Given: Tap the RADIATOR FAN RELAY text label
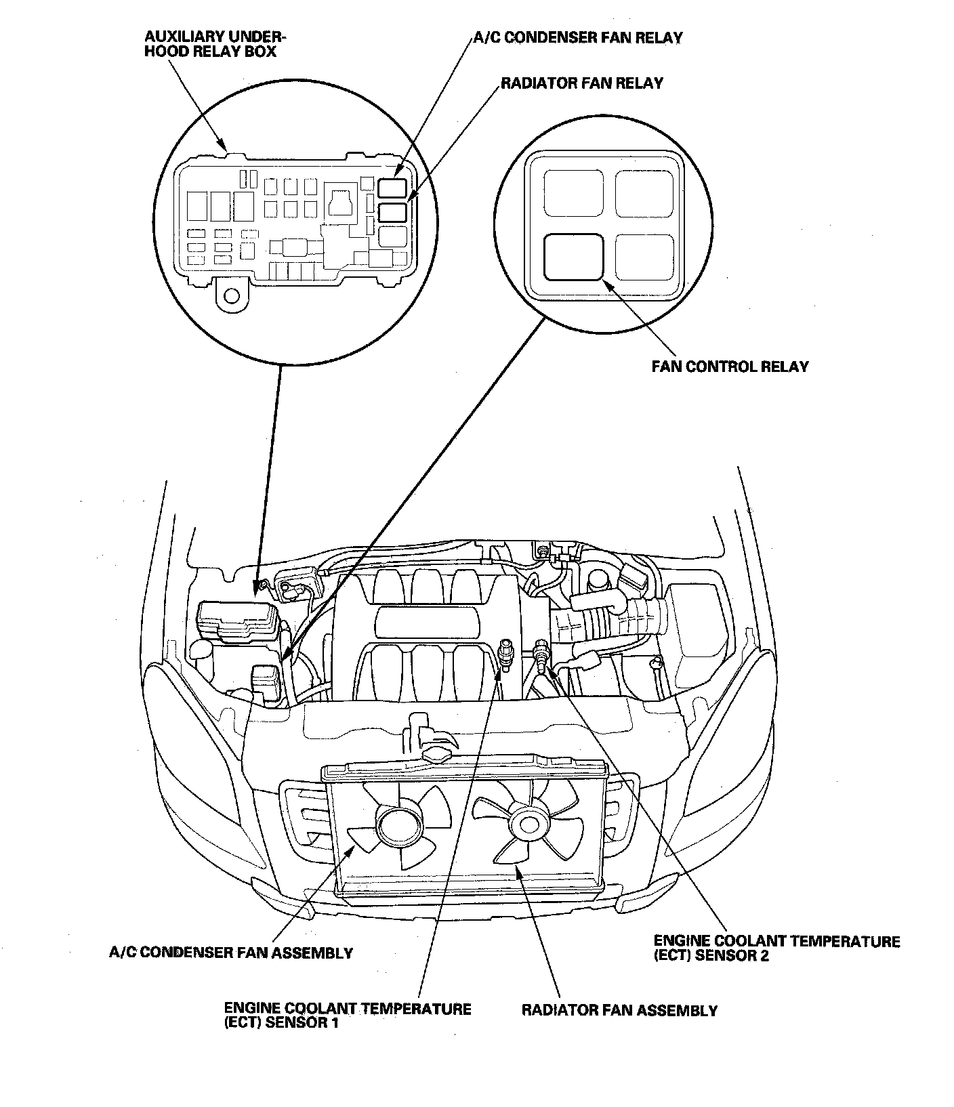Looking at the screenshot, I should (x=581, y=83).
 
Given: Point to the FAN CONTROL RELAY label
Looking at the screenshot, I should (x=730, y=367).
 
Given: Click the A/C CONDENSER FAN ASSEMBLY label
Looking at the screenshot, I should (x=231, y=953).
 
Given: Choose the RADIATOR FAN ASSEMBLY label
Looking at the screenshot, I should (x=619, y=1011).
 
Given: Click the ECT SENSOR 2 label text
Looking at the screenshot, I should (x=776, y=948).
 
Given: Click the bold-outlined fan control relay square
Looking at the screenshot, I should (x=573, y=257).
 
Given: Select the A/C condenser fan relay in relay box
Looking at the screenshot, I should (x=393, y=188).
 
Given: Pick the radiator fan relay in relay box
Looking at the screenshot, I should (x=393, y=213).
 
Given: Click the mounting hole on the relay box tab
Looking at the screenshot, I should (x=232, y=295).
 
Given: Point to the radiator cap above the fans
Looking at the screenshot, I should (x=436, y=754).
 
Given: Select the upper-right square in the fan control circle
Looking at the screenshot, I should (x=644, y=194).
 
